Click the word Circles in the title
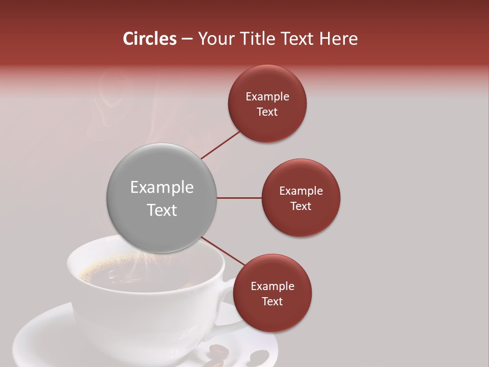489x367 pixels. (149, 39)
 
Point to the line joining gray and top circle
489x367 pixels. (220, 144)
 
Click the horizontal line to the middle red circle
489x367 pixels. (239, 198)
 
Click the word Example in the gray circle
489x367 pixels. (162, 188)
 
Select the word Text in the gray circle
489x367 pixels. (162, 210)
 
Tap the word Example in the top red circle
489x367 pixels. (267, 97)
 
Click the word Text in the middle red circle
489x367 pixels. (301, 206)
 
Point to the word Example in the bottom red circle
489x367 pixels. (273, 286)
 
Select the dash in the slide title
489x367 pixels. (186, 39)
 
